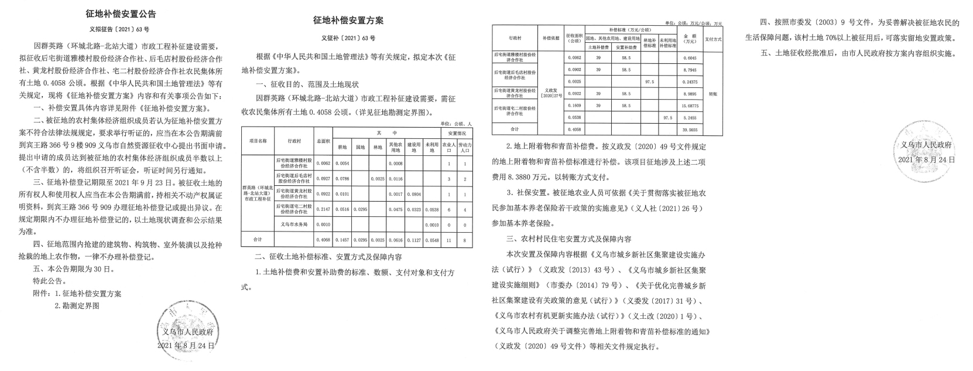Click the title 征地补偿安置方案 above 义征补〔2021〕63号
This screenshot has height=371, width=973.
pyautogui.click(x=348, y=21)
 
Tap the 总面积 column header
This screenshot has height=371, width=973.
pyautogui.click(x=323, y=141)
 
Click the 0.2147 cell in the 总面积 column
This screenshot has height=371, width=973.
pyautogui.click(x=323, y=209)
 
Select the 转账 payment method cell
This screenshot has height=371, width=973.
pyautogui.click(x=712, y=93)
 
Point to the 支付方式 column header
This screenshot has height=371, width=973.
pyautogui.click(x=712, y=39)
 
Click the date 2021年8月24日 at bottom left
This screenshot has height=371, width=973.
pyautogui.click(x=186, y=346)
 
